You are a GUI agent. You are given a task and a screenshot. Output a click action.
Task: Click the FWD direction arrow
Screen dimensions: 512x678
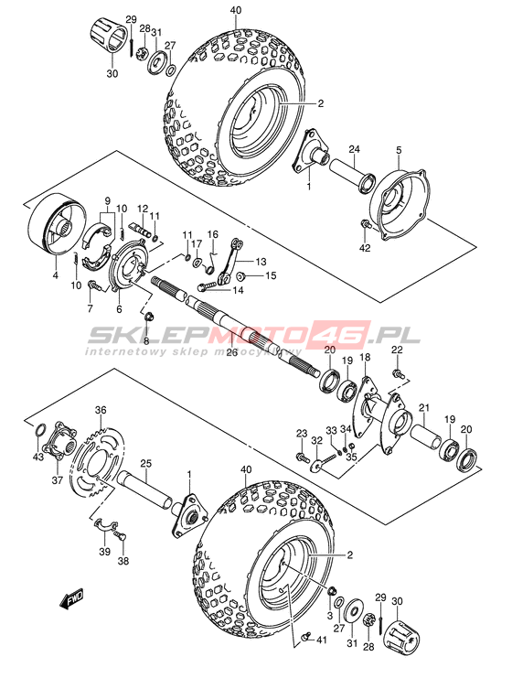[x=71, y=600]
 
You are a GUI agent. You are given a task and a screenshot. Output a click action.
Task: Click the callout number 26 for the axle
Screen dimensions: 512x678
[x=232, y=352]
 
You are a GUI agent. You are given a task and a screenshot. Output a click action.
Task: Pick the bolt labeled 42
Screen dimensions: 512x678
[x=367, y=224]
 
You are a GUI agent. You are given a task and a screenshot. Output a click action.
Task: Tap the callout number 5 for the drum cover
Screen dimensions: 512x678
[x=399, y=150]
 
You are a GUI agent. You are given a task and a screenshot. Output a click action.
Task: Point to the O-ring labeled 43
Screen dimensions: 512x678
[x=39, y=431]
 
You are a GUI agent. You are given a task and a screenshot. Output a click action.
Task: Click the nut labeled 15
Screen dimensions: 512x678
[x=242, y=275]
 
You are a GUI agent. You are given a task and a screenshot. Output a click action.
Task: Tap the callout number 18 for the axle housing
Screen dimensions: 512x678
[x=365, y=357]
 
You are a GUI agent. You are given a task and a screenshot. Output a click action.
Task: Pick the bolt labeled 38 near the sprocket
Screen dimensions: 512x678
[x=121, y=537]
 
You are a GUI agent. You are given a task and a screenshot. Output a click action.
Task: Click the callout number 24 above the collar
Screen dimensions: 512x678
[x=355, y=150]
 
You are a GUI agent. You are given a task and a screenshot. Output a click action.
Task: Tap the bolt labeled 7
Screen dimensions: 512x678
[x=94, y=285]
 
